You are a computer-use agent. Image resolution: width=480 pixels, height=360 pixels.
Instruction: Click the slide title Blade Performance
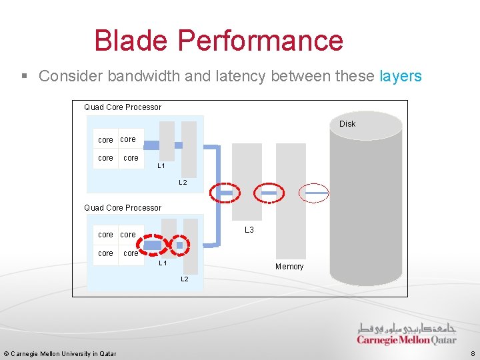tap(219, 41)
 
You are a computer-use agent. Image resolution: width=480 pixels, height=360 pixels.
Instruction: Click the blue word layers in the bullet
tap(400, 76)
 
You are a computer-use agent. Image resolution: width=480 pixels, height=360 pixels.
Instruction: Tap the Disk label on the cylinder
tap(347, 124)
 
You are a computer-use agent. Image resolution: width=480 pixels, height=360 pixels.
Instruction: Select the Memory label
tap(289, 267)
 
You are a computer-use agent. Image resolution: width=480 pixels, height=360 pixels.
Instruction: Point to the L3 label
tap(249, 230)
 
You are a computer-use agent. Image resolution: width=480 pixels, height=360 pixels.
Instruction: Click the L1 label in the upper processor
tap(161, 166)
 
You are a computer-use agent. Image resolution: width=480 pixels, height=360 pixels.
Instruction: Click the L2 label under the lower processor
tap(185, 279)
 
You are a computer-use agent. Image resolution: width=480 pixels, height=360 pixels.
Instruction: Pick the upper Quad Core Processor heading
tap(123, 107)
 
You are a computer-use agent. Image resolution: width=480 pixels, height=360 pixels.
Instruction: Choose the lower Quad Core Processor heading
tap(123, 208)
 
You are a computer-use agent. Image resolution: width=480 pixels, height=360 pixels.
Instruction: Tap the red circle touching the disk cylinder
tap(313, 193)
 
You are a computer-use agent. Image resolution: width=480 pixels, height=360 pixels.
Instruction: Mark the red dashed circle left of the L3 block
tap(223, 193)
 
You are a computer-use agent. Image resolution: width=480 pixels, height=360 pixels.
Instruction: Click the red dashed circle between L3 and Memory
tap(269, 193)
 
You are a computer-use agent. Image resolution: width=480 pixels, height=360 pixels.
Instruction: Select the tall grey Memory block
tap(290, 200)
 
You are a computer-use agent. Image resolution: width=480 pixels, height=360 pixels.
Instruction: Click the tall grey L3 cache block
tap(247, 180)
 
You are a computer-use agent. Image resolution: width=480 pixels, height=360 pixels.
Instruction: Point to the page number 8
tap(472, 354)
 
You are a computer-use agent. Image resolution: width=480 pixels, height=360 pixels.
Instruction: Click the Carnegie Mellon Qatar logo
tap(407, 333)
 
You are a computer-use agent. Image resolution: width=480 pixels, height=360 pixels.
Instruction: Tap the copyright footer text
tap(60, 354)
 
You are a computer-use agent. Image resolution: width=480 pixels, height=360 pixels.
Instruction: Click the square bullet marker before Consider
tap(25, 77)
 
